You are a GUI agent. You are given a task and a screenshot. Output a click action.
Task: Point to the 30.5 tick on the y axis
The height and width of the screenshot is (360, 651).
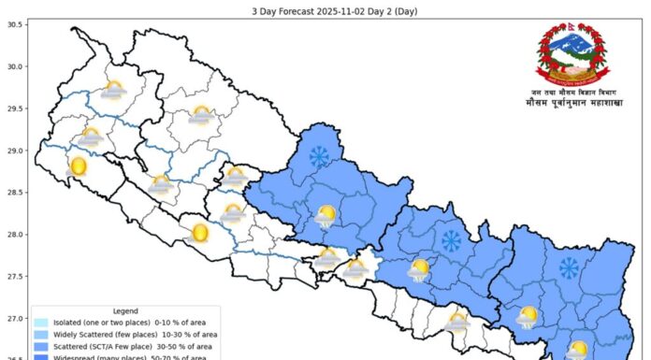[x=14, y=24]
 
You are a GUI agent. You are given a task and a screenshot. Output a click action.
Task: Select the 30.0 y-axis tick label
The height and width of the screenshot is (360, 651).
[x=14, y=66]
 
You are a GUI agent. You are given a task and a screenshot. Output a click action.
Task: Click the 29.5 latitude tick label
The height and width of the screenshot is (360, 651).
[x=14, y=108]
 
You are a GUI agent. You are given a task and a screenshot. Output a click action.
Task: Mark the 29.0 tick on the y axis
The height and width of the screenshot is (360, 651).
[x=14, y=151]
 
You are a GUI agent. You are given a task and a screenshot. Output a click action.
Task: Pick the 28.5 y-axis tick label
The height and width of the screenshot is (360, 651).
[x=14, y=193]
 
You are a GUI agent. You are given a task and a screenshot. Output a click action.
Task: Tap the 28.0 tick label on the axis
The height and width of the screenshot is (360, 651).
[x=14, y=235]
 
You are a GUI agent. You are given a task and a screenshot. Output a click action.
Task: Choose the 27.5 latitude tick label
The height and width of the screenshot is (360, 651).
[x=14, y=277]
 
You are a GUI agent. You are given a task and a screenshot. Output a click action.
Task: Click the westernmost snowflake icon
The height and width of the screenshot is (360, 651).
[x=320, y=156]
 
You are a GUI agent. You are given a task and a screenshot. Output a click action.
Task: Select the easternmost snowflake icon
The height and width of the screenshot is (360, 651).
[x=569, y=268]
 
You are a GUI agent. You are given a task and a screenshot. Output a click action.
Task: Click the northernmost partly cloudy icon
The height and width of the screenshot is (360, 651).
[x=114, y=91]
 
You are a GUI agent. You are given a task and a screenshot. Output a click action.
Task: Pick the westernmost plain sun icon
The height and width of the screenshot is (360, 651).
[x=79, y=167]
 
